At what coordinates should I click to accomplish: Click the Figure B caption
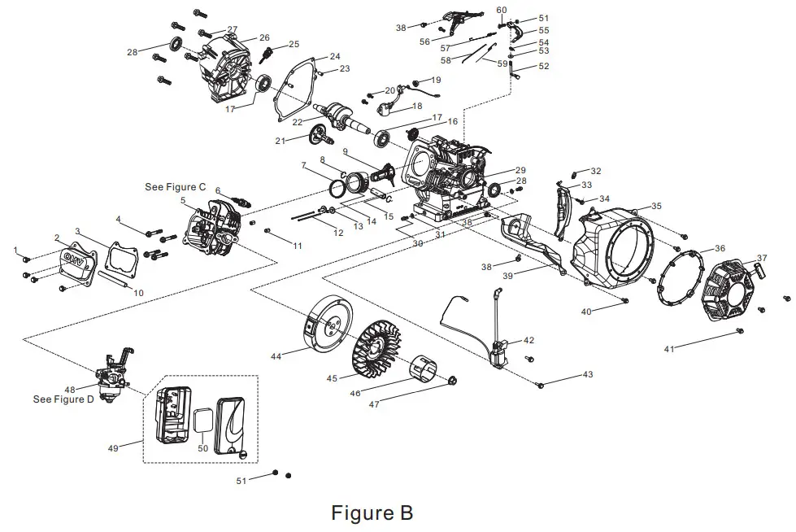(372, 513)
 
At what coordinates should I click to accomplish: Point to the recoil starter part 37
(735, 294)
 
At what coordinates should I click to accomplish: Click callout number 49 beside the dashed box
(112, 447)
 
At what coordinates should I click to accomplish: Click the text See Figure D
(63, 399)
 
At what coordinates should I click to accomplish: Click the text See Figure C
(175, 186)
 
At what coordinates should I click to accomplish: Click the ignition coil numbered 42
(498, 355)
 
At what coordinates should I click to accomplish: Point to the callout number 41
(669, 349)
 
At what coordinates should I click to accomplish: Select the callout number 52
(543, 67)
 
